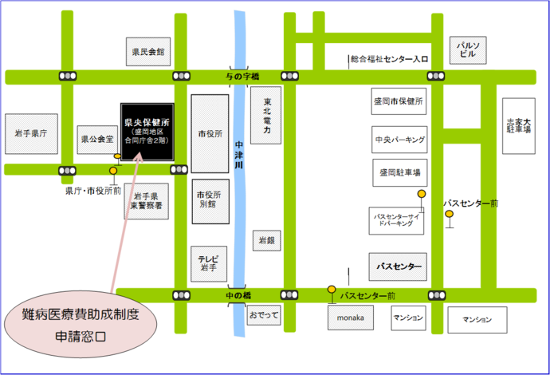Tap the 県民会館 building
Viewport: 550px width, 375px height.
[x=148, y=52]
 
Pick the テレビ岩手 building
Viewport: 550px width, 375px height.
[x=209, y=262]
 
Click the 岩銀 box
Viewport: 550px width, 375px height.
[x=265, y=239]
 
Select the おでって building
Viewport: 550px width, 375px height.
[x=264, y=317]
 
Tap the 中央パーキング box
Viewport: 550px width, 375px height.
[x=399, y=140]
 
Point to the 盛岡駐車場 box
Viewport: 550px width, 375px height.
[x=398, y=172]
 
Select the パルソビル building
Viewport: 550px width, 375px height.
[x=466, y=50]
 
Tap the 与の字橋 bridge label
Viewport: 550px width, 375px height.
[x=236, y=76]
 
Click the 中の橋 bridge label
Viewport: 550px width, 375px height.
[x=237, y=295]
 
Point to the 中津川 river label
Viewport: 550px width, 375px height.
[x=238, y=160]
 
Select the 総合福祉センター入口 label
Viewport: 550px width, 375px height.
[x=389, y=59]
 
